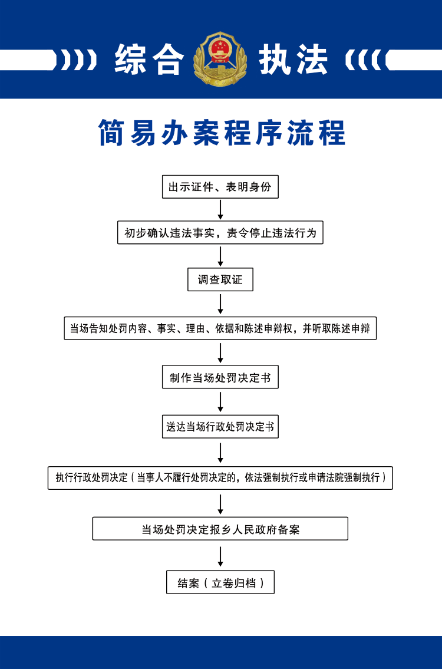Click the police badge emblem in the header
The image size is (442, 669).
(x=220, y=59)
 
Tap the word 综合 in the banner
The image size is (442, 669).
(x=149, y=60)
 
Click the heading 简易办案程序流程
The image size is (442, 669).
(x=222, y=133)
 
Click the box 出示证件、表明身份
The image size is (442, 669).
(x=220, y=187)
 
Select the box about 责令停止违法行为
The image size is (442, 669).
(x=220, y=232)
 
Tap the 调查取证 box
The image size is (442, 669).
(x=220, y=279)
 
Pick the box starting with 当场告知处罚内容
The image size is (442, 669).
(x=220, y=328)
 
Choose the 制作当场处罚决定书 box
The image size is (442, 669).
(x=220, y=377)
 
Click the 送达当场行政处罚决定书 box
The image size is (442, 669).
(x=220, y=426)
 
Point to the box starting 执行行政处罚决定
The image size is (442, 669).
(x=220, y=477)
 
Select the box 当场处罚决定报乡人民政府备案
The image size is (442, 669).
(x=220, y=529)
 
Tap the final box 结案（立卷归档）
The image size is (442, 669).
(x=220, y=582)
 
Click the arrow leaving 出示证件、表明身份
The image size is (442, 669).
(x=220, y=209)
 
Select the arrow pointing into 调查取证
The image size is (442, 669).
(x=220, y=256)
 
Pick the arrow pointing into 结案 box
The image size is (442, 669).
(x=220, y=556)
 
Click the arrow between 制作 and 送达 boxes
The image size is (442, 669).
(x=220, y=401)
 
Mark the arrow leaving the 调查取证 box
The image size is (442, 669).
(x=220, y=304)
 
